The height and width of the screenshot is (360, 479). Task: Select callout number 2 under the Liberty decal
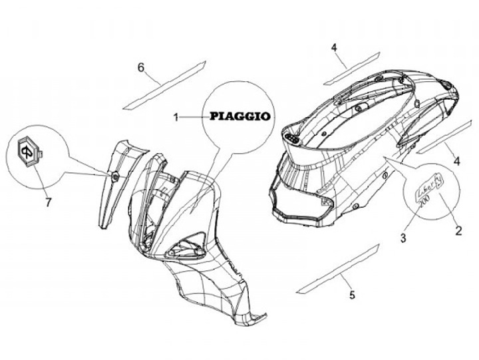pos(458,232)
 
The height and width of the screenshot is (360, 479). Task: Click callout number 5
pos(352,294)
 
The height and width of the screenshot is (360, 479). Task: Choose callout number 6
pos(141,67)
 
